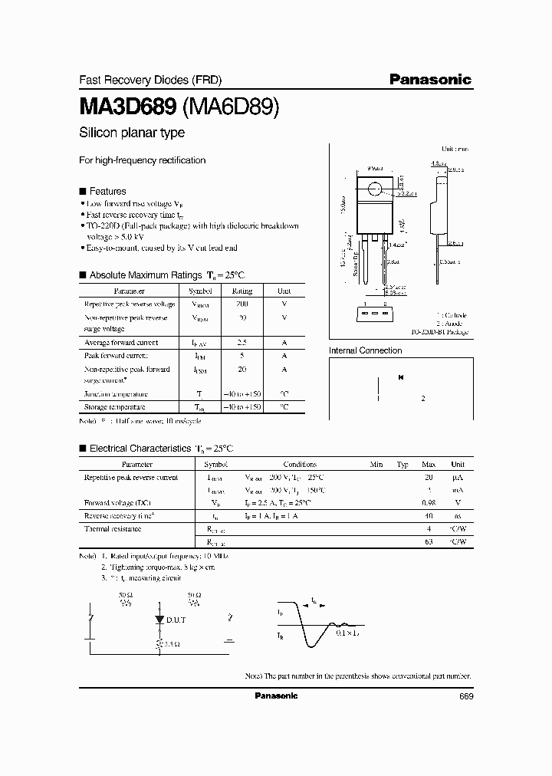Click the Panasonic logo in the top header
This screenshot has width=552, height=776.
click(429, 79)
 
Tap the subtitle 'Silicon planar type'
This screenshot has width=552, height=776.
click(132, 133)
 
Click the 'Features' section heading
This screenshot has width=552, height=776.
click(107, 191)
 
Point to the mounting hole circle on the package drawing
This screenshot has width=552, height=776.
click(376, 189)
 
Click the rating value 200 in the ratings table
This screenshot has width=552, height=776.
click(242, 304)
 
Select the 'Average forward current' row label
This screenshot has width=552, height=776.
click(121, 342)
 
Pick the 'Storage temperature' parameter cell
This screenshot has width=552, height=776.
click(114, 407)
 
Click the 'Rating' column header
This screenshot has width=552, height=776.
click(242, 291)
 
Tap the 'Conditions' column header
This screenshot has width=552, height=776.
click(300, 464)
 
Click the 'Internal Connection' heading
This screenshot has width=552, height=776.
click(365, 350)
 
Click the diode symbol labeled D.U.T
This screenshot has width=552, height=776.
click(159, 618)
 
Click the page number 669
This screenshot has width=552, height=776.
click(466, 695)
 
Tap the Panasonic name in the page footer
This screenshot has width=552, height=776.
click(275, 695)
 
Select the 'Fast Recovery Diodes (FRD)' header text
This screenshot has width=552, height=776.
click(137, 80)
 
